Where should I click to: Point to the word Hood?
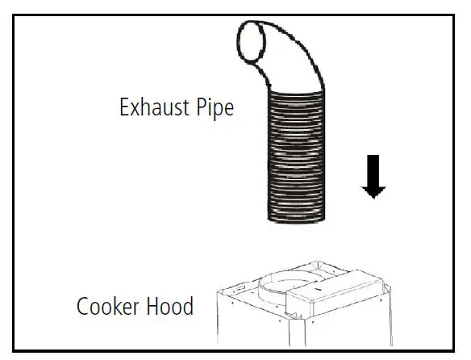(169, 308)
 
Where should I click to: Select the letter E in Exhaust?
(124, 107)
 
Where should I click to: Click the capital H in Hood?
(152, 308)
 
